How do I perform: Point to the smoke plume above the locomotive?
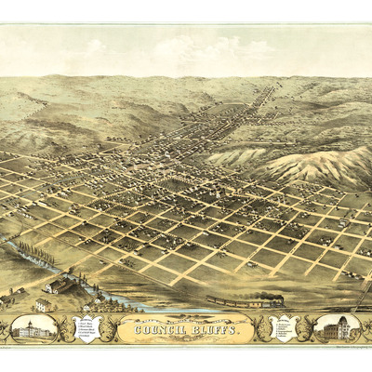270,294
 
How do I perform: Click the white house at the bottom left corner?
43,304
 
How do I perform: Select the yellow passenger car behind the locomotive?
249,302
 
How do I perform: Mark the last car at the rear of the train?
212,300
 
